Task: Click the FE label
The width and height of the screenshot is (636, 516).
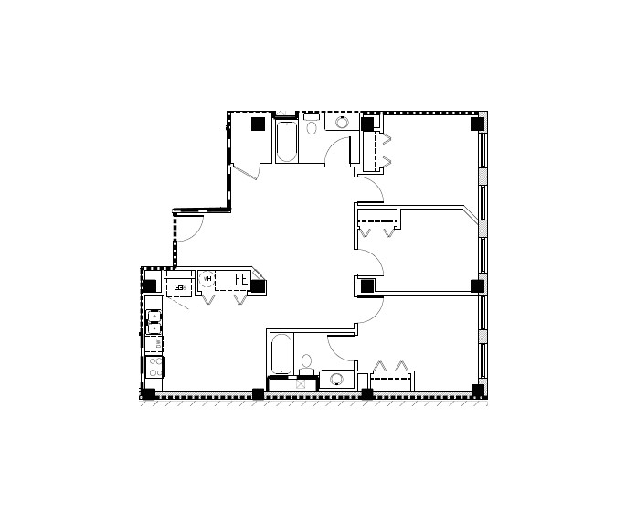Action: click(242, 278)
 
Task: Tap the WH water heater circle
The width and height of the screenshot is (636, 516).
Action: click(208, 278)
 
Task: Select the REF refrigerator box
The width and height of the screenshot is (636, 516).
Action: click(179, 285)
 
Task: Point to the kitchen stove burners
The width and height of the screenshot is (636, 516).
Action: click(155, 367)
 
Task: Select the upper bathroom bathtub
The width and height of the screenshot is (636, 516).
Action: click(286, 142)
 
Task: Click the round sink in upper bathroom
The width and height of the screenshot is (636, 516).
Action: click(343, 123)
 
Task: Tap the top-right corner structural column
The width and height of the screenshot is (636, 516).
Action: click(476, 123)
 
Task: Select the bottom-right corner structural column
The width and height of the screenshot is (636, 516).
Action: click(476, 391)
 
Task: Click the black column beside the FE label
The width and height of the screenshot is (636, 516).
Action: click(259, 285)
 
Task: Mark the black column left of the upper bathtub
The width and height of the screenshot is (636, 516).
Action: click(259, 123)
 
